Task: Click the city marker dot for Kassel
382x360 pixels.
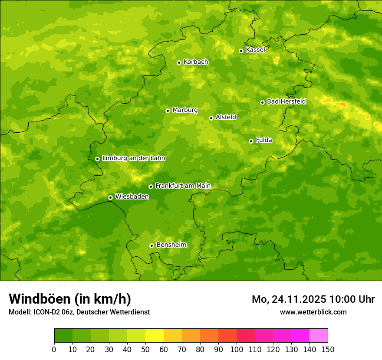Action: (241, 51)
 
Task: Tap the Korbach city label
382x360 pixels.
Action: (196, 62)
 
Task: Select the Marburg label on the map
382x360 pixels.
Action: (185, 110)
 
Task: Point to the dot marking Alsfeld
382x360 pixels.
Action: (211, 118)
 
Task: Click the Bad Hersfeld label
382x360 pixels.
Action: (286, 102)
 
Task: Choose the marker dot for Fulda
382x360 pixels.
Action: (251, 141)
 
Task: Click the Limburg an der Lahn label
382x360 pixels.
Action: (133, 158)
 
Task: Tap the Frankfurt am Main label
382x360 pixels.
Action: (183, 186)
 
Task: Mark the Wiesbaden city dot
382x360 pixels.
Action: (110, 197)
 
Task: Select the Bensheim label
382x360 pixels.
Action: (171, 245)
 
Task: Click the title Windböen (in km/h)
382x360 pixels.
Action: (70, 299)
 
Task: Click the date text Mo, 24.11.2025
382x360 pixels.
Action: (289, 299)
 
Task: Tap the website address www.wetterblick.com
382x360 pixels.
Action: (313, 312)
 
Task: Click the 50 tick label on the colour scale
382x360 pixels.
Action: (145, 349)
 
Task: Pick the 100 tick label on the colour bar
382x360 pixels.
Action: (237, 349)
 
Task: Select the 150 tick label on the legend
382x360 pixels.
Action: (328, 349)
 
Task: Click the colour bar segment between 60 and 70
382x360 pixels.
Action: (173, 336)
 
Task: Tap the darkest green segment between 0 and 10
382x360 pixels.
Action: (63, 336)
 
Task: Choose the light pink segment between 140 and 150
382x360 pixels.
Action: (319, 336)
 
